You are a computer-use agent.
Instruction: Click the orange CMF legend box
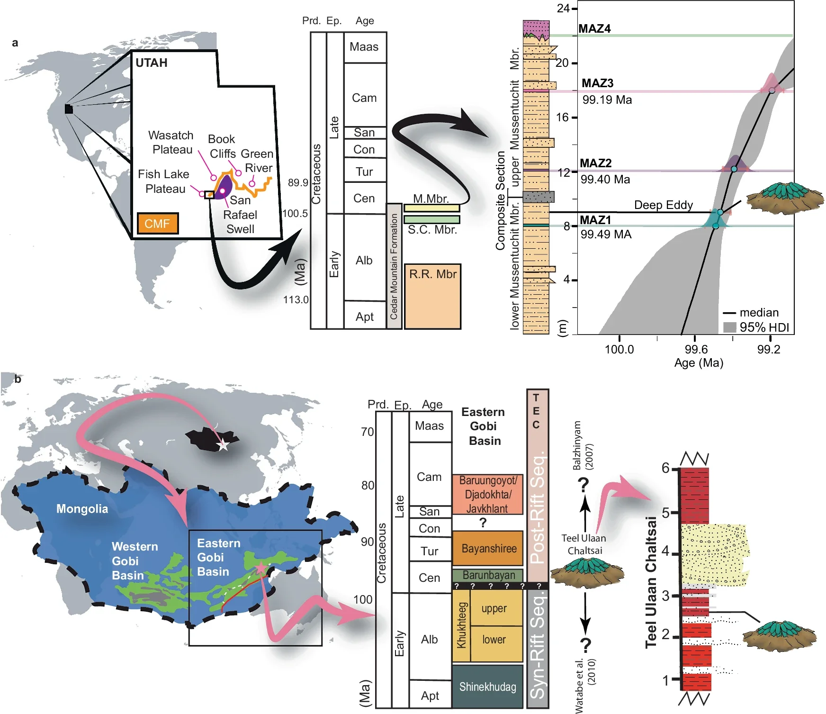(158, 223)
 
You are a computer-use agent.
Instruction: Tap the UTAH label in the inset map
(151, 63)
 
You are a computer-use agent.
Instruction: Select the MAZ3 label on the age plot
(597, 83)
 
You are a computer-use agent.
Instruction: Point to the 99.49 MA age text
(606, 235)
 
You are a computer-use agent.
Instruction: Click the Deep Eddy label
(663, 205)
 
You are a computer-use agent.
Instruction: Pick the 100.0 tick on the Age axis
(619, 349)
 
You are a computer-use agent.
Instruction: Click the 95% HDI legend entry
(757, 327)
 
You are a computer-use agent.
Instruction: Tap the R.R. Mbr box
(432, 296)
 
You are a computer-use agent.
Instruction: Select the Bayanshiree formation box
(488, 548)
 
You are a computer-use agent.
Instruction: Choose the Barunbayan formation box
(488, 575)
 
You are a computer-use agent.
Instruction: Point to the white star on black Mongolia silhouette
(223, 445)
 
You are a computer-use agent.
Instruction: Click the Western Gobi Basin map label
(135, 561)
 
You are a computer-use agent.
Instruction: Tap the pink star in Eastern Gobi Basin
(261, 568)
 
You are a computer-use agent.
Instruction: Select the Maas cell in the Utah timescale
(364, 47)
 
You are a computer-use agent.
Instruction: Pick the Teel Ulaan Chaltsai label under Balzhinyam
(584, 544)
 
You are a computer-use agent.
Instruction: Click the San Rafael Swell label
(240, 215)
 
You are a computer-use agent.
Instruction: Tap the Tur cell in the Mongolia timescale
(429, 551)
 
